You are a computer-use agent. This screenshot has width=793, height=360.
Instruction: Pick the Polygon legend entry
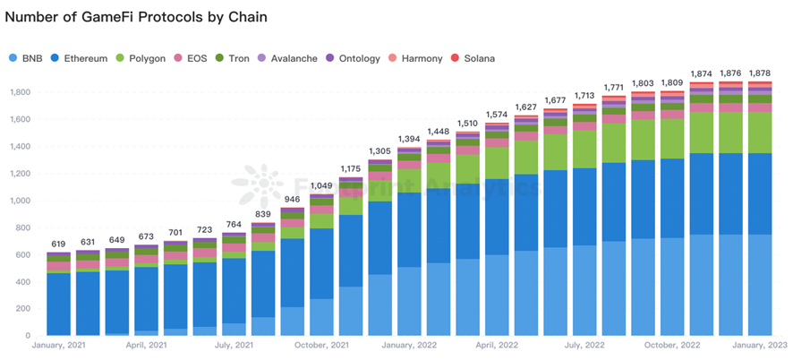[144, 58]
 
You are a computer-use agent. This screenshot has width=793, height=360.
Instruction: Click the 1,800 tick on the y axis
[20, 92]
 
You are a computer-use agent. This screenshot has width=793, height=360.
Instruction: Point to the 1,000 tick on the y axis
[20, 201]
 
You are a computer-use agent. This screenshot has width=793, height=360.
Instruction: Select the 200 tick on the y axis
[22, 309]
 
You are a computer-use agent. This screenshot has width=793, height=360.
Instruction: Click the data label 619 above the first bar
[58, 244]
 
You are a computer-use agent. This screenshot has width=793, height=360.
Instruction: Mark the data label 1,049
[321, 185]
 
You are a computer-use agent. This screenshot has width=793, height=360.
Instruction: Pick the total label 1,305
[380, 151]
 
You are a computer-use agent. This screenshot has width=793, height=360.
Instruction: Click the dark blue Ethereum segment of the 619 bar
[58, 304]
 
